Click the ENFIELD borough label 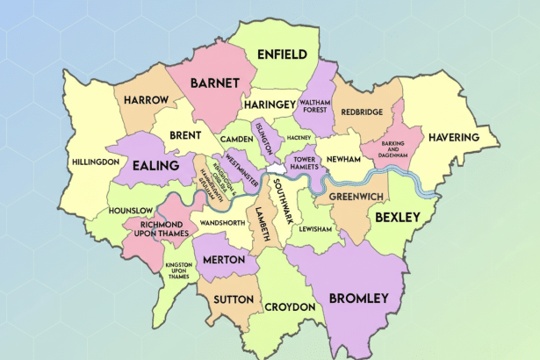281,54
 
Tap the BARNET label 213,83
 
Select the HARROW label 145,101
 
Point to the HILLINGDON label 96,162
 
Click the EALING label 155,165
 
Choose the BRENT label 185,137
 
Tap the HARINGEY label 270,104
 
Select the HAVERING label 453,138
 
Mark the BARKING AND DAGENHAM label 384,153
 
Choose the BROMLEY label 357,299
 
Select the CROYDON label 289,307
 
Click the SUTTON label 233,299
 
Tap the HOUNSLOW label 131,211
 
